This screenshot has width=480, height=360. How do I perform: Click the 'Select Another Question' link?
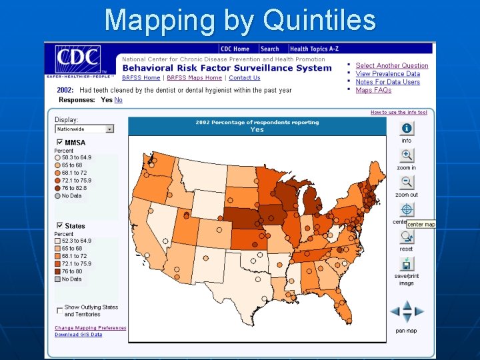coord(391,65)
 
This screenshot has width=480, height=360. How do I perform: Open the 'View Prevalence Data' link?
coord(387,74)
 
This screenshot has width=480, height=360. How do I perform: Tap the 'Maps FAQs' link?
coord(373,90)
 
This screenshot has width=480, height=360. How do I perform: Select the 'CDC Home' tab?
coord(235,49)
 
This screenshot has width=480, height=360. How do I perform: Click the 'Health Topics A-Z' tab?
coord(315,49)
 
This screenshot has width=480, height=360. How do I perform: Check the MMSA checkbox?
coord(60,142)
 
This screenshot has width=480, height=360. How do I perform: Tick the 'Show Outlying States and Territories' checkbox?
coord(60,309)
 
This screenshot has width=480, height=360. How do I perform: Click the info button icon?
coord(406,129)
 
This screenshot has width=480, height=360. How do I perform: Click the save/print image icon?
coord(406,264)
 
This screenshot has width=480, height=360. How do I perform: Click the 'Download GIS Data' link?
coord(79,335)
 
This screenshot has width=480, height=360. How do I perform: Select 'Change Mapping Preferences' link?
coord(90,328)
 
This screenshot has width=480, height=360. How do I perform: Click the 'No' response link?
coord(119,100)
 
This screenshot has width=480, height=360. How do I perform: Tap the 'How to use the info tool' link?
coord(399,113)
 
